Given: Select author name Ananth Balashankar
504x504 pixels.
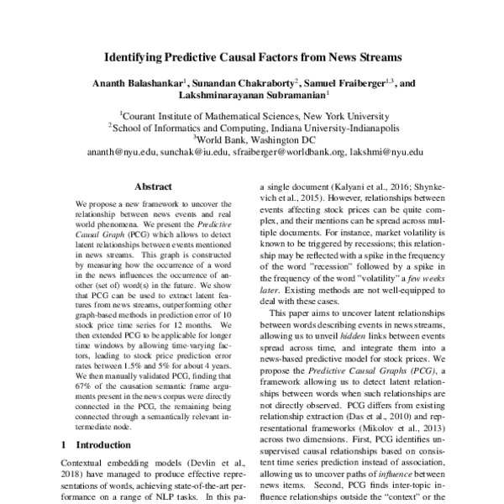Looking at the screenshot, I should point(137,84).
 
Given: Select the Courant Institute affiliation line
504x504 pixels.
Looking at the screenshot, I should point(252,117).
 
